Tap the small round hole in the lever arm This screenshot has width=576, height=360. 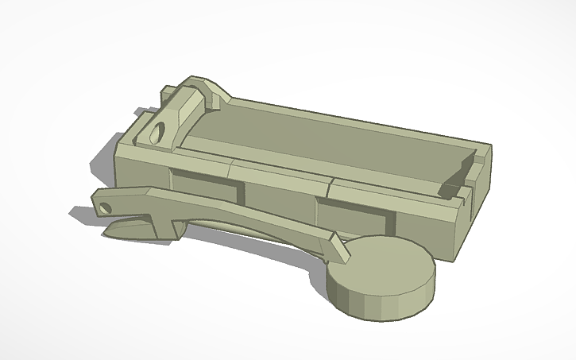[105, 209]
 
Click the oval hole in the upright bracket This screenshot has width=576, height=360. [159, 130]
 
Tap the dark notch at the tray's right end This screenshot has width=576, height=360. [449, 188]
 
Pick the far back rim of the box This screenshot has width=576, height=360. [358, 119]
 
